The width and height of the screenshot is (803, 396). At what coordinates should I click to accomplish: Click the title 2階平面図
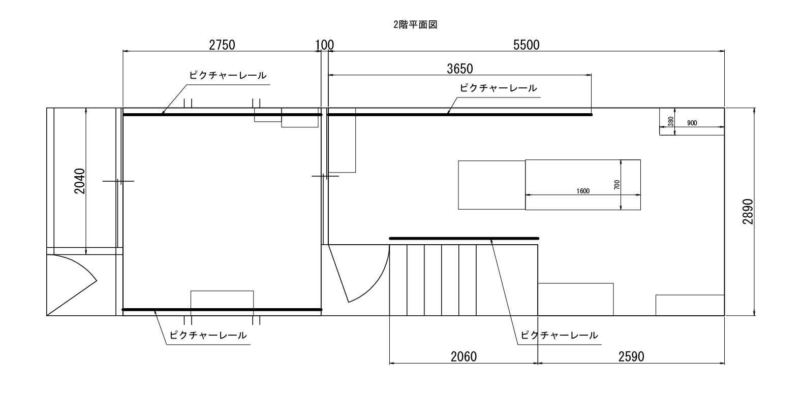click(x=415, y=25)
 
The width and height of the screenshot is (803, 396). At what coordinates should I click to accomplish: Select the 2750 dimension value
click(x=222, y=45)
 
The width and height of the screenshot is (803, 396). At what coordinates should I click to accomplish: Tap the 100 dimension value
click(x=324, y=45)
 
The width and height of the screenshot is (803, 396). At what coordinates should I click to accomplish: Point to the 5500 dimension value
click(x=526, y=45)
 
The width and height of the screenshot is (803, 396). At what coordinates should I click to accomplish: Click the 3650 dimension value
click(x=460, y=69)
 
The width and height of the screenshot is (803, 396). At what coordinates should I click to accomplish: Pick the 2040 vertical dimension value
click(x=80, y=181)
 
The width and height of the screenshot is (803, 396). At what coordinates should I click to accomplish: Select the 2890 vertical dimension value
click(x=748, y=212)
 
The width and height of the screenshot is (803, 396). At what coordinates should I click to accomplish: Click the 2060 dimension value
click(x=464, y=356)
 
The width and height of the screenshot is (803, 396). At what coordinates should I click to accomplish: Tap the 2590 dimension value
click(x=631, y=356)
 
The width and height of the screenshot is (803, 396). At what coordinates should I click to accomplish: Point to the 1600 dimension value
click(x=583, y=191)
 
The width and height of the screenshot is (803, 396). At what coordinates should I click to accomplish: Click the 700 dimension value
click(x=616, y=185)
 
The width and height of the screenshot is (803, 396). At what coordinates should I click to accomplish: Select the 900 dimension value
click(x=692, y=123)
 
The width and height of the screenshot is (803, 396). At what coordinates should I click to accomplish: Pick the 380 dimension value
click(x=671, y=121)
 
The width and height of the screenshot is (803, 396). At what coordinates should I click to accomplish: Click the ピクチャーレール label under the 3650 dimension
click(x=498, y=88)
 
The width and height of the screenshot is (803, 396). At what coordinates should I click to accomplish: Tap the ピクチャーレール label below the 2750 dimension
click(x=228, y=76)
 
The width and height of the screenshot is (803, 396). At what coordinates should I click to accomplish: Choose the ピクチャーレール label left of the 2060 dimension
click(x=208, y=336)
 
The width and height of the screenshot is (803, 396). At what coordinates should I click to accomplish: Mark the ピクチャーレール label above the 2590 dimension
click(x=559, y=336)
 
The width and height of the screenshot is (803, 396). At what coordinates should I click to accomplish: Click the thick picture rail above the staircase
click(x=464, y=239)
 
